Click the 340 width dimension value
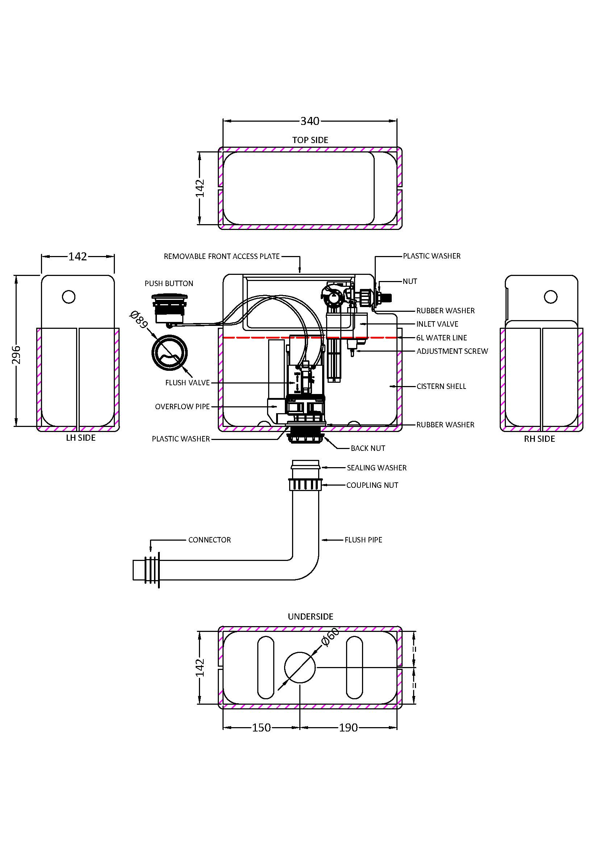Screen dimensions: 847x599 point(310,121)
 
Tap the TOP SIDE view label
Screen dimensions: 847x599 point(310,140)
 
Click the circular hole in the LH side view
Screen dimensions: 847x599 point(69,297)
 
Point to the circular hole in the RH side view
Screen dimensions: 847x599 point(551,297)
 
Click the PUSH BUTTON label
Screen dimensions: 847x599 point(169,284)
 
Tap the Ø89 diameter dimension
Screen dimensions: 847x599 point(138,319)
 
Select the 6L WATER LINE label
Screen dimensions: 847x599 point(441,338)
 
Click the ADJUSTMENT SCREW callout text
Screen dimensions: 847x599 point(452,351)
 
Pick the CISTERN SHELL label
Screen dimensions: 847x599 point(441,387)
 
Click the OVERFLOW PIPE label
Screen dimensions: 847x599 point(182,407)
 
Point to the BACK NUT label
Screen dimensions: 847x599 point(367,448)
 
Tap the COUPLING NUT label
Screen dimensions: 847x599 point(372,486)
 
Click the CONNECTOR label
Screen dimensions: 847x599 point(209,540)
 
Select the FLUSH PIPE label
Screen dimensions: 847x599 point(363,540)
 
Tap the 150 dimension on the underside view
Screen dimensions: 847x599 point(261,728)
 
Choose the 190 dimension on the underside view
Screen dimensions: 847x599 point(348,728)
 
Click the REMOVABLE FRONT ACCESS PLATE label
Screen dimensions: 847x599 point(221,256)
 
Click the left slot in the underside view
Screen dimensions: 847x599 point(266,667)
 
